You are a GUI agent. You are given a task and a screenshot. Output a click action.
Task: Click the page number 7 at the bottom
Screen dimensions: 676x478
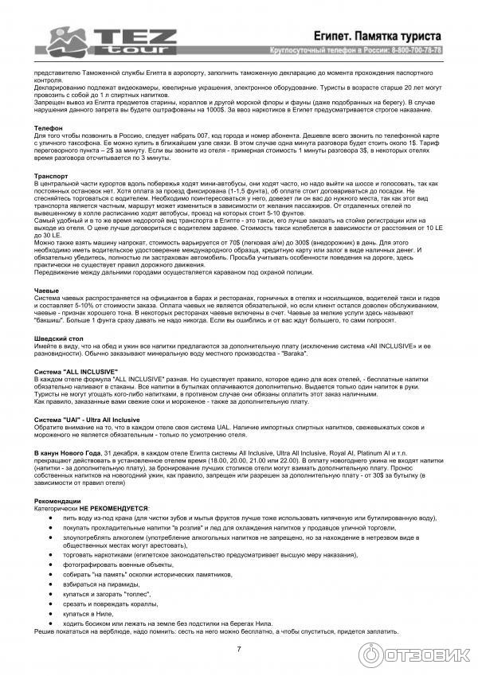(239, 649)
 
